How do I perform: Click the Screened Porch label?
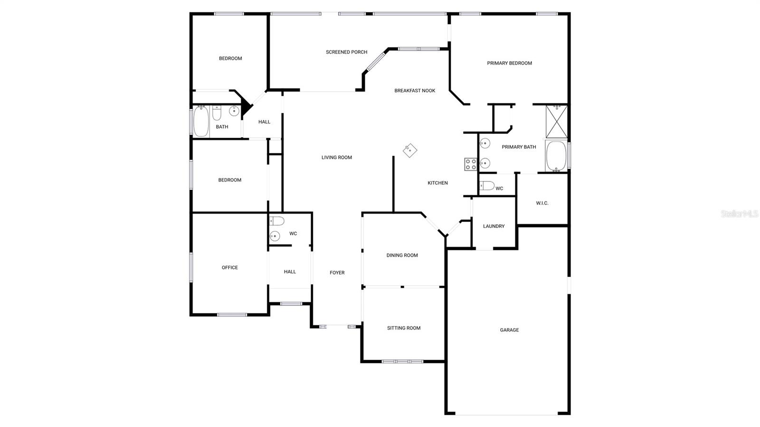pos(346,52)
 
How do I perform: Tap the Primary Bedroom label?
pos(509,63)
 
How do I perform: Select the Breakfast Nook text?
pos(415,91)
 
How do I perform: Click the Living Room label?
pos(336,158)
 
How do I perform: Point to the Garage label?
pos(509,330)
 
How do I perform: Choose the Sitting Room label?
pos(403,328)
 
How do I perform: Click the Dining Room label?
pos(402,256)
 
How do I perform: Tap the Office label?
pos(229,268)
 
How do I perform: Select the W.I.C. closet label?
pos(542,203)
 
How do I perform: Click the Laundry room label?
pos(494,227)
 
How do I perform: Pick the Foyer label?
pos(337,273)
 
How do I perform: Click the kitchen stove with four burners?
pos(470,164)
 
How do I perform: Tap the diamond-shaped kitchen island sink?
pos(410,151)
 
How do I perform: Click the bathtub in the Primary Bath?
pos(556,156)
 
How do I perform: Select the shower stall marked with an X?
pos(556,122)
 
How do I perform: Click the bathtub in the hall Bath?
pos(201,122)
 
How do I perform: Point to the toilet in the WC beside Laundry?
pos(486,186)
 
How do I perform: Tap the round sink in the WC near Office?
pos(275,236)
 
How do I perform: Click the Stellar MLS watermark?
pos(739,214)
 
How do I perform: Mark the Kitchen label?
pos(437,183)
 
